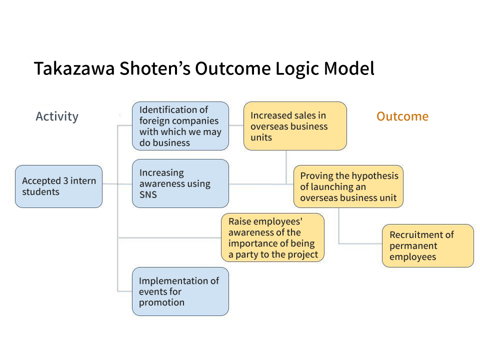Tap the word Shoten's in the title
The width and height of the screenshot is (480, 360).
point(155,68)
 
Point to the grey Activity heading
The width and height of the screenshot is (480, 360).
point(57,116)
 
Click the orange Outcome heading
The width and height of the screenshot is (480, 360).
point(402,116)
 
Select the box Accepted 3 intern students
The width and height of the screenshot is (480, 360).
point(58,186)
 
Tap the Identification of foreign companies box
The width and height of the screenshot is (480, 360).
point(180,126)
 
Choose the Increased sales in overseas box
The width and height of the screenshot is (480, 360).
point(294,126)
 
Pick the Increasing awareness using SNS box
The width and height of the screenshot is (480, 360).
point(180,183)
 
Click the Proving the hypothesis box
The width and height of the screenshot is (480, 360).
point(348,186)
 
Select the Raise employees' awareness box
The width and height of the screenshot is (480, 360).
point(272,237)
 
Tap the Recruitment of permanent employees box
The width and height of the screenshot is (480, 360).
point(427,245)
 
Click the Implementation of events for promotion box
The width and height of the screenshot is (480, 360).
point(180,291)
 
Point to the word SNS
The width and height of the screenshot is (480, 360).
point(148,194)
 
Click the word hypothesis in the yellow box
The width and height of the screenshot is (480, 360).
point(374,176)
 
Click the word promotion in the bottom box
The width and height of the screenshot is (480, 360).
point(161,302)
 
